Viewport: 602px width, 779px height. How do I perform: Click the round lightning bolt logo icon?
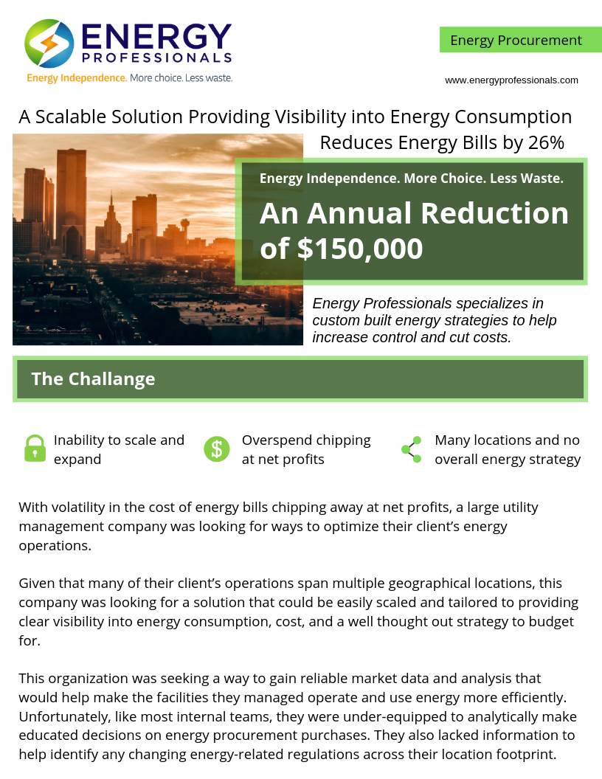tap(49, 44)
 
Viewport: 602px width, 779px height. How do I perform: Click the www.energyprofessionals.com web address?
tap(511, 80)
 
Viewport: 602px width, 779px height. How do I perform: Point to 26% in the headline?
tap(546, 142)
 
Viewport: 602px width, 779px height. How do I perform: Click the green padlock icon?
tap(35, 449)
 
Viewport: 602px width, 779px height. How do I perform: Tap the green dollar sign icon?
tap(217, 449)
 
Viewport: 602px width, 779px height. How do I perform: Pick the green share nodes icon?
tap(411, 449)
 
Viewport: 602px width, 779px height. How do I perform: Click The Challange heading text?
tap(93, 379)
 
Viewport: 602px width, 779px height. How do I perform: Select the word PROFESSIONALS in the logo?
tap(157, 57)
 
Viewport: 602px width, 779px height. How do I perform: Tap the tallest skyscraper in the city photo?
tap(72, 199)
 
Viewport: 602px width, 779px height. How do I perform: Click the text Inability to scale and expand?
tap(118, 449)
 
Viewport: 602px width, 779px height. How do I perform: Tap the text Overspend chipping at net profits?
tap(305, 449)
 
